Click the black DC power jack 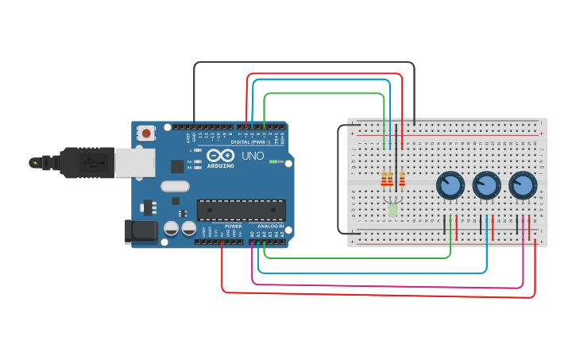pos(141,231)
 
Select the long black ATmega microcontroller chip pos(241,210)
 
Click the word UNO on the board pos(253,156)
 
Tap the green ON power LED pos(273,162)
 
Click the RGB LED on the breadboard pos(392,210)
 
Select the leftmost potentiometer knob pos(450,186)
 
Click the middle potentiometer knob pos(486,186)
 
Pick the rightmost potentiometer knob pos(523,186)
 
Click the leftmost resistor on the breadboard pos(385,179)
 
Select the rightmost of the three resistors pos(402,179)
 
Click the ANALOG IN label pos(266,226)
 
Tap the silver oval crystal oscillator pos(176,187)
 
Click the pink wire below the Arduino pos(381,285)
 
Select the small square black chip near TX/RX pos(176,166)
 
